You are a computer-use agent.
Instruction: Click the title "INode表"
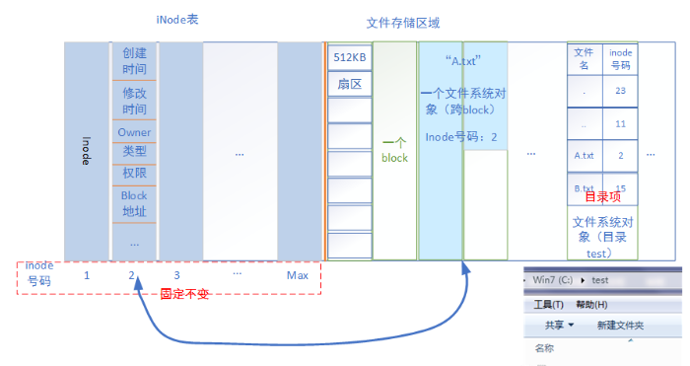tap(177, 20)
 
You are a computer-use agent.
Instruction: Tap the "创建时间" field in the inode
tap(134, 61)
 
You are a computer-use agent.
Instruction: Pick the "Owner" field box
tap(134, 132)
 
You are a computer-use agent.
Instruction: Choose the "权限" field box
tap(134, 173)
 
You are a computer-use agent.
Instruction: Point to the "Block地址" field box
tap(134, 203)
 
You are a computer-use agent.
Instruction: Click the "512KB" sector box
tap(349, 58)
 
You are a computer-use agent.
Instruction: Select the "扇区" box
tap(349, 85)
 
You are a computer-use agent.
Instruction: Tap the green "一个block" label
tap(394, 151)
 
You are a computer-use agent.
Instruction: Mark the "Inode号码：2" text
tap(460, 136)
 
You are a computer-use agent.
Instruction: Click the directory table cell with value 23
tap(620, 91)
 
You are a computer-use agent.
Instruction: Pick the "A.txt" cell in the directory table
tap(584, 156)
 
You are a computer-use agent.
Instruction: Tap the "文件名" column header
tap(584, 58)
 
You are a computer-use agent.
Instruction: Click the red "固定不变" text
tap(185, 293)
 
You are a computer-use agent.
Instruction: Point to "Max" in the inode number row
tap(298, 274)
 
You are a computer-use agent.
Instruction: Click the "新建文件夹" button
tap(621, 326)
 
